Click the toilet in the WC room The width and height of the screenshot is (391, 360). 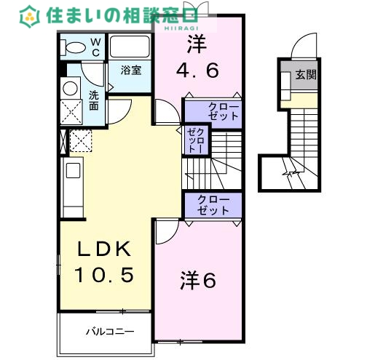click(74, 48)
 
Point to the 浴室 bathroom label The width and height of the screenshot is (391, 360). click(130, 71)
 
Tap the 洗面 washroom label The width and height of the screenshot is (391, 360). click(95, 100)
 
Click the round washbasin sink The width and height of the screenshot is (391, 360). click(71, 89)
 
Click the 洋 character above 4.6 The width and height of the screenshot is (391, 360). click(196, 45)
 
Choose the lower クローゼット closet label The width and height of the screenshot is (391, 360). click(213, 205)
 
